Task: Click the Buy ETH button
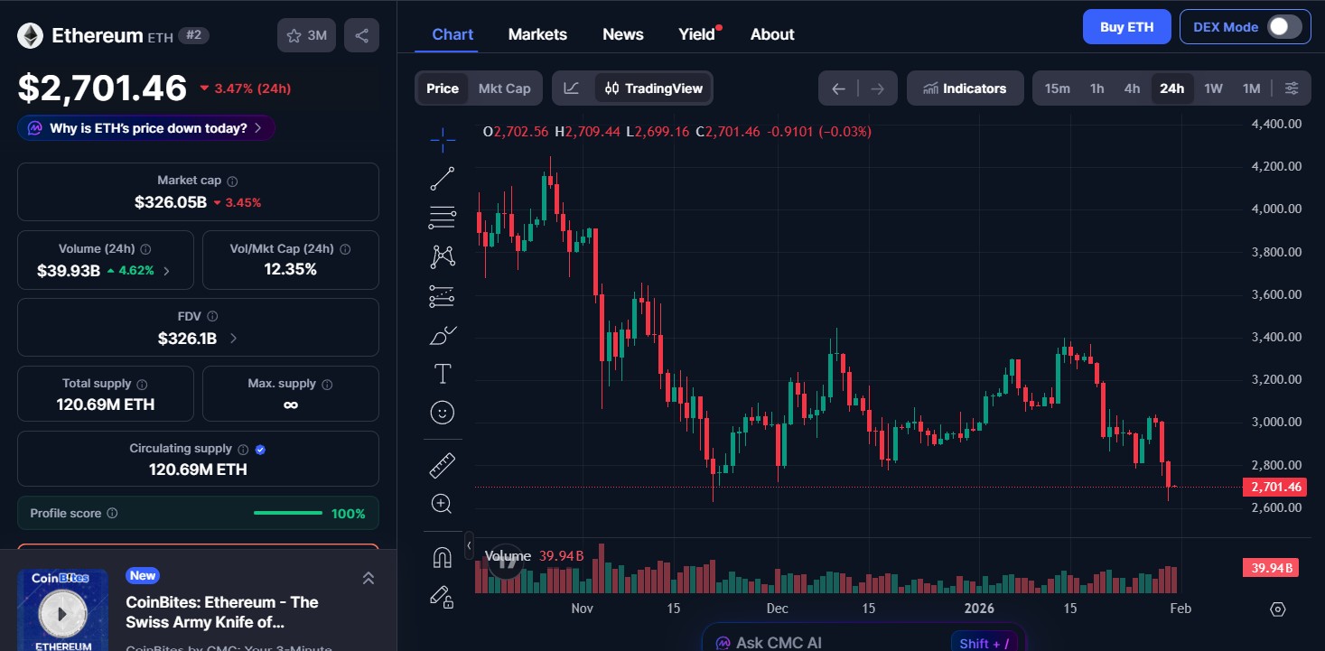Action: click(1126, 27)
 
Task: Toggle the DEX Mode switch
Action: click(1284, 27)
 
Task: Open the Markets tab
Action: click(537, 34)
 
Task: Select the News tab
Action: click(622, 34)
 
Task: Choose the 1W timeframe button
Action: click(1213, 88)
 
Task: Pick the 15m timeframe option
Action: click(1057, 88)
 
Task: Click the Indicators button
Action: click(965, 88)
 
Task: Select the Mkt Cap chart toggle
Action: click(504, 88)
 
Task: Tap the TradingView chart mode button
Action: click(654, 88)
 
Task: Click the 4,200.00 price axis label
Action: click(1276, 166)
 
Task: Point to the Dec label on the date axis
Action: click(777, 609)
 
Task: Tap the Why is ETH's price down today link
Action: click(146, 128)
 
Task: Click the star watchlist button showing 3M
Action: click(307, 36)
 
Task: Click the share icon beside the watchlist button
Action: click(361, 36)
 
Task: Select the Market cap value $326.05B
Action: click(171, 202)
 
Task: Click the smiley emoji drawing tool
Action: click(442, 413)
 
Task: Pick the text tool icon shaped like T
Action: click(443, 374)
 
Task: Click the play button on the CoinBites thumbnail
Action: click(62, 614)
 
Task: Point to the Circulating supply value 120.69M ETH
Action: click(198, 470)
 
